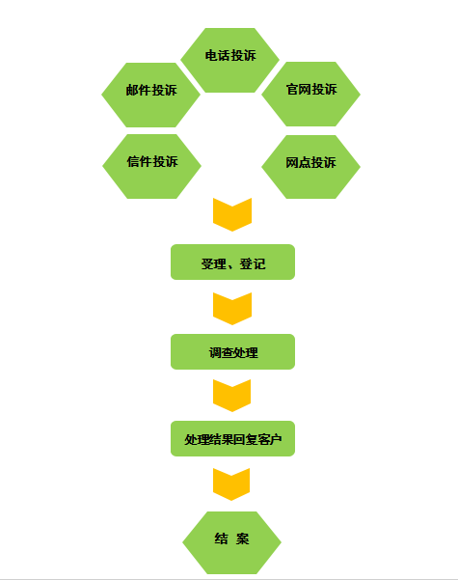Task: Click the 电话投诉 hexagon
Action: pyautogui.click(x=229, y=60)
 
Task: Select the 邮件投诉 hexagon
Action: pyautogui.click(x=150, y=96)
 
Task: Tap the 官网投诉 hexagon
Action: pyautogui.click(x=310, y=94)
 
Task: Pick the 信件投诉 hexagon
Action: pyautogui.click(x=151, y=166)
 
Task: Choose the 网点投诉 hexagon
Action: pyautogui.click(x=310, y=167)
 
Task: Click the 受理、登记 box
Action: pyautogui.click(x=233, y=262)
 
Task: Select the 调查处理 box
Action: pyautogui.click(x=233, y=352)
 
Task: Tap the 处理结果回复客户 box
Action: pyautogui.click(x=233, y=439)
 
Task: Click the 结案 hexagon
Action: pyautogui.click(x=231, y=542)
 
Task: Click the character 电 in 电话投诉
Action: pyautogui.click(x=211, y=55)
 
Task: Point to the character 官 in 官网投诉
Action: pyautogui.click(x=292, y=89)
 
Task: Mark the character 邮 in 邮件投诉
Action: pyautogui.click(x=132, y=91)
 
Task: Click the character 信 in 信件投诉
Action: pyautogui.click(x=133, y=161)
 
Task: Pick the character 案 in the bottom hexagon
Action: pyautogui.click(x=242, y=539)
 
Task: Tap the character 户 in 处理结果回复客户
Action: pyautogui.click(x=276, y=439)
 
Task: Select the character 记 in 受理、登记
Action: pyautogui.click(x=259, y=263)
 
